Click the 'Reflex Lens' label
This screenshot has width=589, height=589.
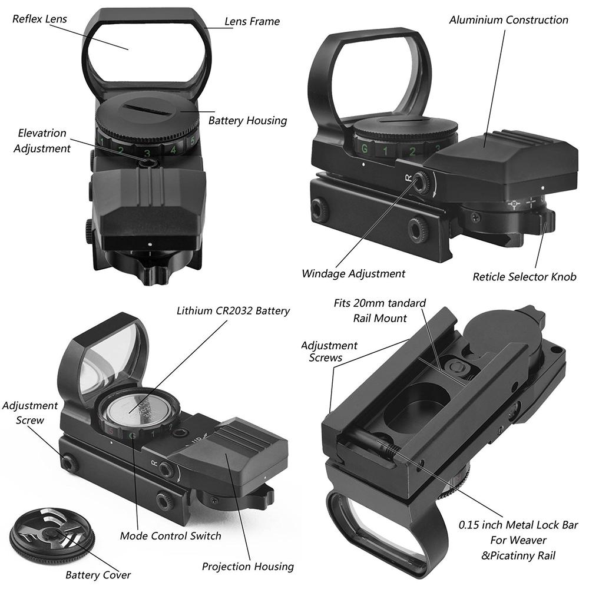coord(39,19)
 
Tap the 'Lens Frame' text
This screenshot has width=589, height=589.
coord(252,22)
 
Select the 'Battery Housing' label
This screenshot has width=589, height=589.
coord(247,121)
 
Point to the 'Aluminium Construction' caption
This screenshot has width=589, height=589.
coord(508,20)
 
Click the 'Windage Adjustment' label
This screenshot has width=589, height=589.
coord(353,273)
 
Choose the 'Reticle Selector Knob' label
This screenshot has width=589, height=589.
coord(524,276)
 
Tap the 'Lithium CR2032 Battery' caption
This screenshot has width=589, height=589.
coord(233,310)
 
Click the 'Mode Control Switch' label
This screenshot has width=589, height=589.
coord(171,536)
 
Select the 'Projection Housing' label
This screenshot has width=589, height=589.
coord(248,567)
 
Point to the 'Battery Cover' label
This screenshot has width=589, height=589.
coord(98,574)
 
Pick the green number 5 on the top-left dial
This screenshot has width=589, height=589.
coord(192,141)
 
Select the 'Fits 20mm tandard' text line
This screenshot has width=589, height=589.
coord(379,304)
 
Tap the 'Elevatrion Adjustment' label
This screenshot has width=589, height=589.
coord(42,141)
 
